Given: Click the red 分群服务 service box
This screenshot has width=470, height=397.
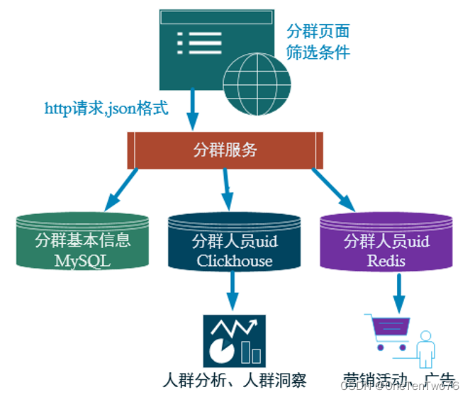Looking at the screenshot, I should point(225,150).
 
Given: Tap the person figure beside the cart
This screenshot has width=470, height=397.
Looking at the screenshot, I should point(426,347).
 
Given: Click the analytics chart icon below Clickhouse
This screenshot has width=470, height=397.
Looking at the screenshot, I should point(234,340).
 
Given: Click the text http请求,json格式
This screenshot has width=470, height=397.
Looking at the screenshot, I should point(106,108).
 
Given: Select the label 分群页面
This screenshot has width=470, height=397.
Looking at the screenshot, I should point(318,31).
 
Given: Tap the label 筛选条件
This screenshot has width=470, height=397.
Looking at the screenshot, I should point(318,52).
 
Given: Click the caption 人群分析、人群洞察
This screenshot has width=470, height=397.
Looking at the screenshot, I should point(234,379).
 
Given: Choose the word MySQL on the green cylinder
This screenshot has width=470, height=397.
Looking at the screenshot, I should point(83,260).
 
